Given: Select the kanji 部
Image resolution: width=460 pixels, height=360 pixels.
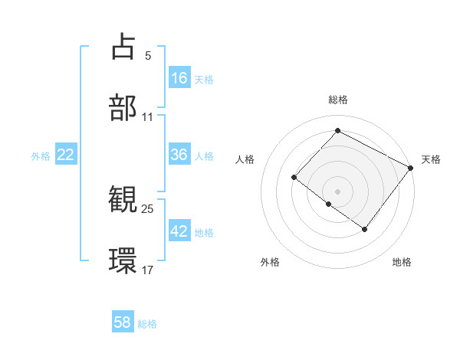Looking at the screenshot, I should click(123, 108).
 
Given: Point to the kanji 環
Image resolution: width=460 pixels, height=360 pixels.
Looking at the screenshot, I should click(123, 260).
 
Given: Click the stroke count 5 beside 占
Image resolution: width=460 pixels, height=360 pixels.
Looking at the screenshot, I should click(148, 55).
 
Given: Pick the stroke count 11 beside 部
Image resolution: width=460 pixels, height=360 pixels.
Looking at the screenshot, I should click(148, 117).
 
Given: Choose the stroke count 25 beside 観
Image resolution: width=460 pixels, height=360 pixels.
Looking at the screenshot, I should click(148, 208).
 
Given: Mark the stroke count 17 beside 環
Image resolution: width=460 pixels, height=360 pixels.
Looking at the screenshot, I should click(148, 270).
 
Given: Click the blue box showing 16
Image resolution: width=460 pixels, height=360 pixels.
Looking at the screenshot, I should click(179, 77).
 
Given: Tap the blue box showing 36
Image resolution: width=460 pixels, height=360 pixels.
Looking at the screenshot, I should click(179, 154).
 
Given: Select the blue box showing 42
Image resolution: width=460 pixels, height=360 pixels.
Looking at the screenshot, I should click(179, 231).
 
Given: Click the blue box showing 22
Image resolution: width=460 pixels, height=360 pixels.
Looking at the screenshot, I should click(66, 155).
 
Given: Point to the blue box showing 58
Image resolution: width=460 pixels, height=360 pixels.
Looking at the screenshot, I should click(123, 322).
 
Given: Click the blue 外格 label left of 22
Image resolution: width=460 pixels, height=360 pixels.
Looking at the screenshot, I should click(41, 156).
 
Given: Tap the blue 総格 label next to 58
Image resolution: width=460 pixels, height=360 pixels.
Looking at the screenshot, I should click(147, 324).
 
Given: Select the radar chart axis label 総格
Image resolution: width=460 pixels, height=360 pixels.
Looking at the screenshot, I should click(337, 100).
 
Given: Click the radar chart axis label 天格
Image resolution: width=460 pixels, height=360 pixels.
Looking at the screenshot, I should click(431, 159).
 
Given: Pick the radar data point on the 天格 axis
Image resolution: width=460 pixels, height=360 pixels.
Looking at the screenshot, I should click(411, 168).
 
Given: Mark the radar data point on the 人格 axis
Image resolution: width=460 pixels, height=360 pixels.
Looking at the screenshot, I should click(294, 178).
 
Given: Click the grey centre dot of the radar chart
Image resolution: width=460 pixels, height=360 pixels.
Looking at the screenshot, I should click(337, 191).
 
